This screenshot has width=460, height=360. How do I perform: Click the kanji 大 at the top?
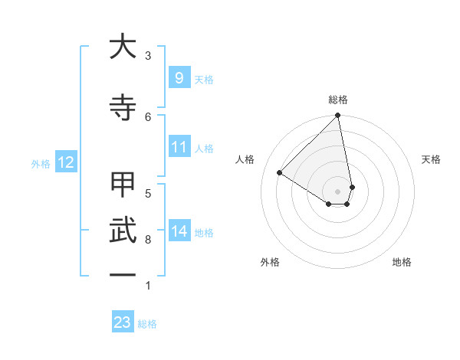(x=123, y=47)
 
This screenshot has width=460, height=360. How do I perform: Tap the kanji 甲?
(x=123, y=185)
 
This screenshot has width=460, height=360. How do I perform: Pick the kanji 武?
(x=123, y=230)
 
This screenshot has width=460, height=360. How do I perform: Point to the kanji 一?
(x=123, y=274)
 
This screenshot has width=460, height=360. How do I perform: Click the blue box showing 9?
(x=179, y=77)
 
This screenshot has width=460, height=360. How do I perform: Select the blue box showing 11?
(x=179, y=147)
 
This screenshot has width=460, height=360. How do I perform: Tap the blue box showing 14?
(x=179, y=231)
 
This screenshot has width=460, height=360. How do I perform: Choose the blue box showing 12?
(x=65, y=162)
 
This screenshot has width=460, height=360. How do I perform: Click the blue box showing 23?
(x=123, y=322)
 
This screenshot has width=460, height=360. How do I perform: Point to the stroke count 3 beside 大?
(x=148, y=55)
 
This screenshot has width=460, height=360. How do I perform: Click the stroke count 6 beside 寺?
(x=148, y=116)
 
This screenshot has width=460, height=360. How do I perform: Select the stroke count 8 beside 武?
(x=148, y=240)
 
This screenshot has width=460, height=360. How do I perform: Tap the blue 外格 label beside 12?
(x=41, y=163)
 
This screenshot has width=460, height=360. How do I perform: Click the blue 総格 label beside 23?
(x=147, y=324)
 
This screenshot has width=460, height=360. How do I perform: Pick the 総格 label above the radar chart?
(x=337, y=100)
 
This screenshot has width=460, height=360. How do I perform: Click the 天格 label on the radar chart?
(x=431, y=159)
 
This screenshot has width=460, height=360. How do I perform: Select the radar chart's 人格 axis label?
(x=245, y=159)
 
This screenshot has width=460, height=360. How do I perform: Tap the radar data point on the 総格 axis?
(x=337, y=116)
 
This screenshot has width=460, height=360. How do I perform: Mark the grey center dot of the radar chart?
(x=337, y=191)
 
